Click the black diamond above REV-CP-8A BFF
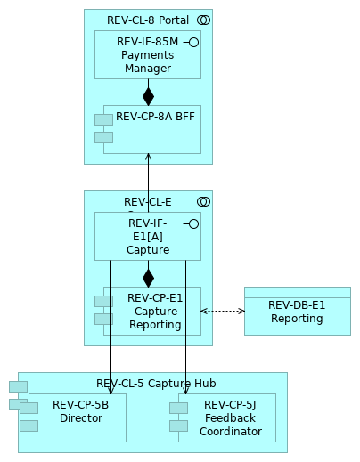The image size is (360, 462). pos(148,96)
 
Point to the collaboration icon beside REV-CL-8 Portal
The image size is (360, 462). pos(203,20)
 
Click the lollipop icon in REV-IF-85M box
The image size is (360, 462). pos(192,42)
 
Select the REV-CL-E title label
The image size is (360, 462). pos(147,201)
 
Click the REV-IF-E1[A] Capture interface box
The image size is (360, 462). pos(148,237)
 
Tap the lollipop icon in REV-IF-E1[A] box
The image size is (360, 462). pos(192,223)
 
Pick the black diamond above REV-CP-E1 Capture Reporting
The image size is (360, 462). pos(148,278)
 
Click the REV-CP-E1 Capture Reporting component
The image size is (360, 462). pos(153,311)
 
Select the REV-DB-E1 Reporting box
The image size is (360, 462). pos(297,312)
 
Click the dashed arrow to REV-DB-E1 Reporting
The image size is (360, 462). pos(223,311)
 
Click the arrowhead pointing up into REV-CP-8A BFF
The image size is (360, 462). pos(148,157)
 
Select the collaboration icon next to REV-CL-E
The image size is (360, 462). pos(203,201)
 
